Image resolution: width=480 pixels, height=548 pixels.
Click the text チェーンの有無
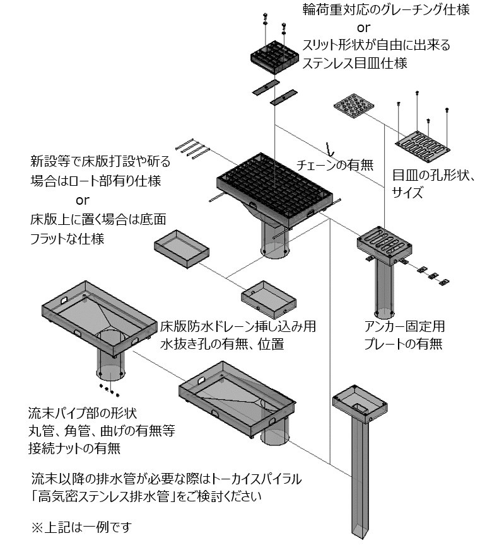click(x=335, y=166)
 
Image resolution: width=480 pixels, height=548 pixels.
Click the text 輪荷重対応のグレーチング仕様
click(x=386, y=11)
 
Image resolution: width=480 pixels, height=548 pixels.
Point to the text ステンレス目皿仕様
click(x=355, y=62)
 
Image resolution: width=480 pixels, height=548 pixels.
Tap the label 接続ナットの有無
click(x=74, y=448)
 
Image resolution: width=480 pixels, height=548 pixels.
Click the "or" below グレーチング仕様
click(x=364, y=28)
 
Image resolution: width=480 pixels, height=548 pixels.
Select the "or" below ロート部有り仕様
click(x=82, y=201)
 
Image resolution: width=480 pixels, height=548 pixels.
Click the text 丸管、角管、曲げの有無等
click(x=101, y=431)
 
